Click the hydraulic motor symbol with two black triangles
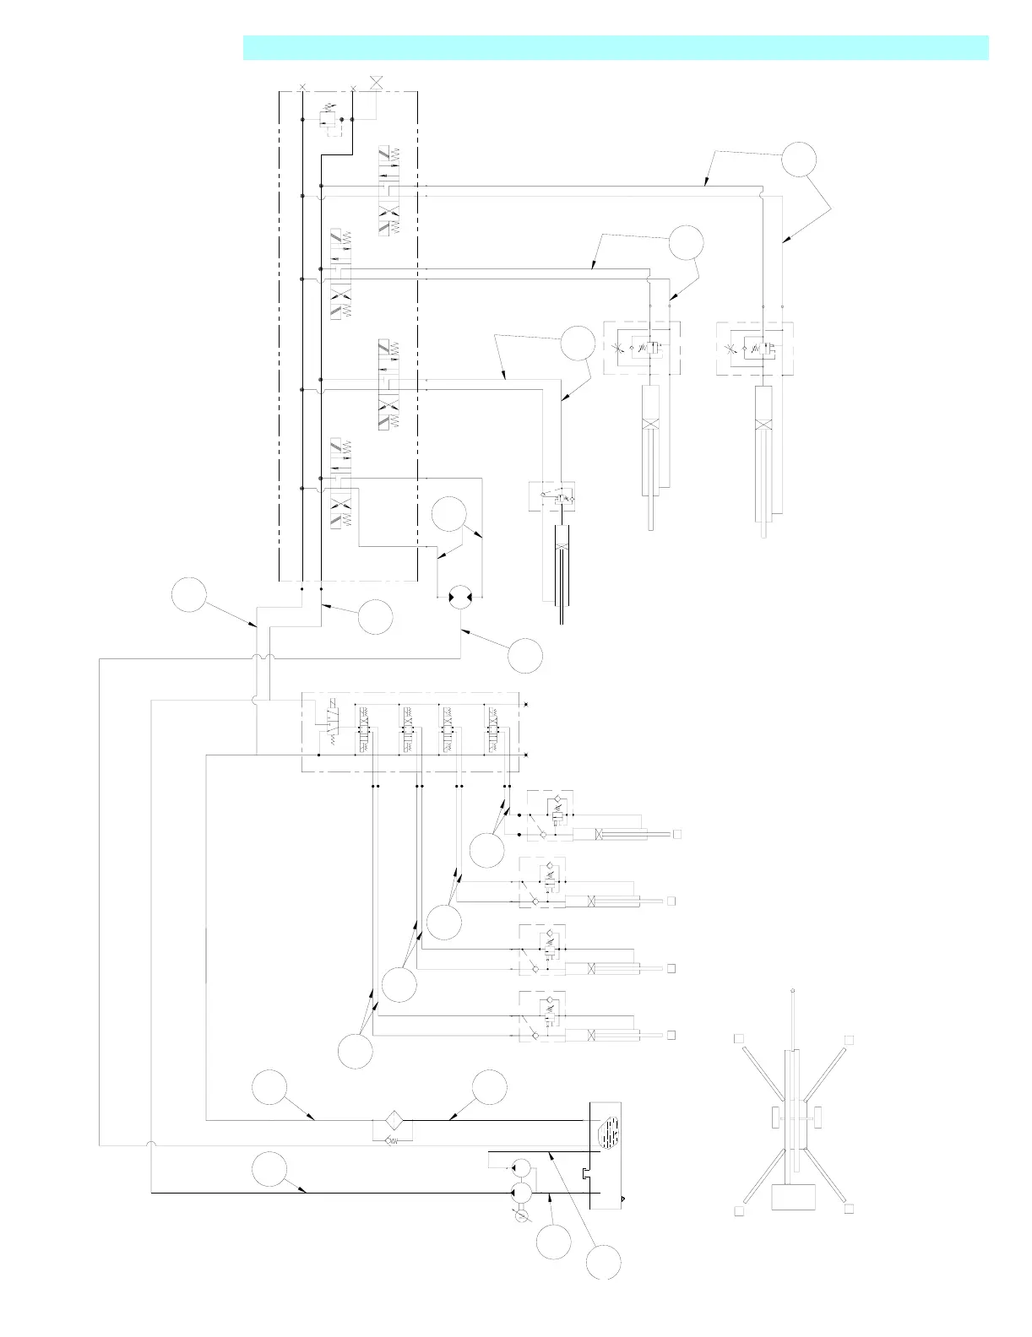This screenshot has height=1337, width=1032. coord(460,596)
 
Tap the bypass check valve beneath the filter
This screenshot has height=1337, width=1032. coord(393,1141)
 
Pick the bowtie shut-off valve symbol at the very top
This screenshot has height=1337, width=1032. coord(377,83)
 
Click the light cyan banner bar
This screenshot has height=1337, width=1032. coord(616,47)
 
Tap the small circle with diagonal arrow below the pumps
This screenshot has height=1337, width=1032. coord(521,1215)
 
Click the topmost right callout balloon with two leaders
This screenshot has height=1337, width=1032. coord(799,159)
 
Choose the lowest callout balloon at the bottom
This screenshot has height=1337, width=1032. coord(604,1261)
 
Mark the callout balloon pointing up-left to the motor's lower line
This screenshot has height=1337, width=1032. coord(525,656)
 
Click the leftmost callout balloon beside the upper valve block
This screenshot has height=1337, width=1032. coord(189,594)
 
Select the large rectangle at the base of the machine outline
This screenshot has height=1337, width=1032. coord(794,1197)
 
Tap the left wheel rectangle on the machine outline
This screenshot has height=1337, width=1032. coord(774,1118)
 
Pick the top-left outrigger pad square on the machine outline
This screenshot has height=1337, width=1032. coord(738,1037)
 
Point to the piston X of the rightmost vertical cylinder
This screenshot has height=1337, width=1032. coord(764,425)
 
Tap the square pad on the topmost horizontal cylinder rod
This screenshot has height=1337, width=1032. coord(676,834)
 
